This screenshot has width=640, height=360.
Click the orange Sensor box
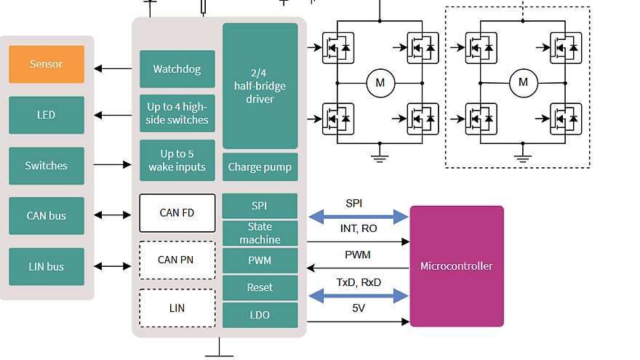[47, 64]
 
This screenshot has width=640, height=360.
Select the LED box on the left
[47, 115]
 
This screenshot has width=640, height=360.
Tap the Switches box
[47, 166]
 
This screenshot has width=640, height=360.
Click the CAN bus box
[47, 216]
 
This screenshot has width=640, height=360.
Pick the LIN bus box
[47, 267]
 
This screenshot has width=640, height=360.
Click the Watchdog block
[177, 70]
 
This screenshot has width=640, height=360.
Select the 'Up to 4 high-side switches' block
[177, 113]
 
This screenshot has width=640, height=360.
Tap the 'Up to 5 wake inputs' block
[177, 160]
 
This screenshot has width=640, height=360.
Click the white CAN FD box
[177, 213]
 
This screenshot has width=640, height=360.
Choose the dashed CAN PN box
[177, 260]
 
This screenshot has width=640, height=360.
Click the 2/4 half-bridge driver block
[260, 86]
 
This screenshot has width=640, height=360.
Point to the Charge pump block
[260, 167]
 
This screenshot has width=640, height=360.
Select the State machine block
[260, 233]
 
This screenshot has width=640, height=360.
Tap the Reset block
[260, 287]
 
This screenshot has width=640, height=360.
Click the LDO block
[260, 315]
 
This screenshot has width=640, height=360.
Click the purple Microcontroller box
[456, 266]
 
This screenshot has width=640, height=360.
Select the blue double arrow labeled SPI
[359, 216]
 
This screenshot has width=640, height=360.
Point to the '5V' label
[359, 308]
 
